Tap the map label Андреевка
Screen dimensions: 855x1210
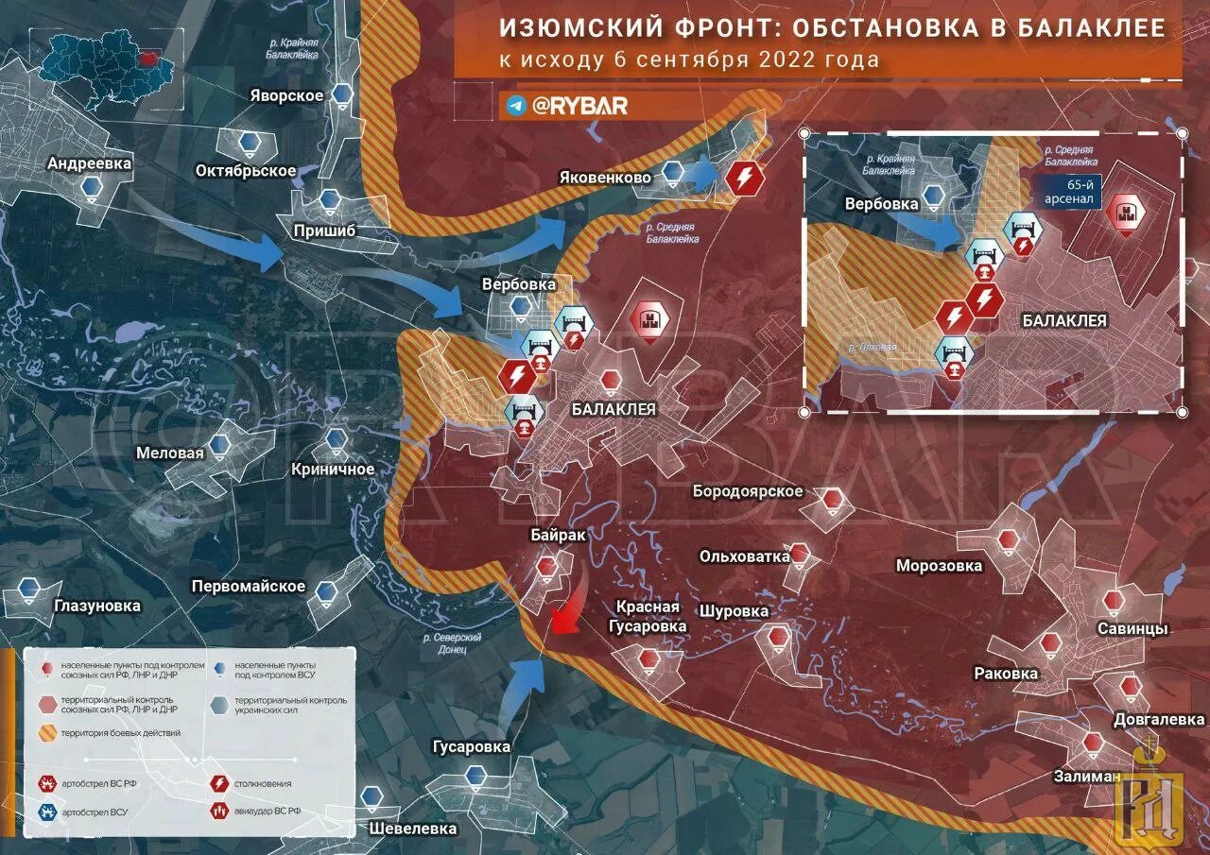pyautogui.click(x=90, y=163)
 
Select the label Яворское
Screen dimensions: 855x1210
pyautogui.click(x=287, y=95)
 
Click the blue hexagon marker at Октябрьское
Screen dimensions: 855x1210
pyautogui.click(x=249, y=144)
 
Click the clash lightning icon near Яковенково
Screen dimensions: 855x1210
pyautogui.click(x=745, y=178)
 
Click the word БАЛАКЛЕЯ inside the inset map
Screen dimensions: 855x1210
pyautogui.click(x=1064, y=320)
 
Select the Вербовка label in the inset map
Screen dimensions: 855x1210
pyautogui.click(x=882, y=204)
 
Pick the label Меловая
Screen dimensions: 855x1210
pyautogui.click(x=170, y=453)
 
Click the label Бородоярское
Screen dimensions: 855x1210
pyautogui.click(x=748, y=491)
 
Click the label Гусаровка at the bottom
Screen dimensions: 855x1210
pyautogui.click(x=471, y=747)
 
